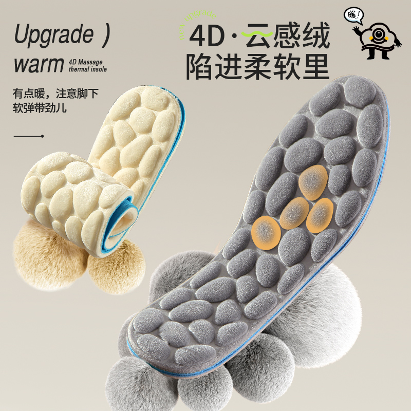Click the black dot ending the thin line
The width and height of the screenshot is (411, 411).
pos(43,136)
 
